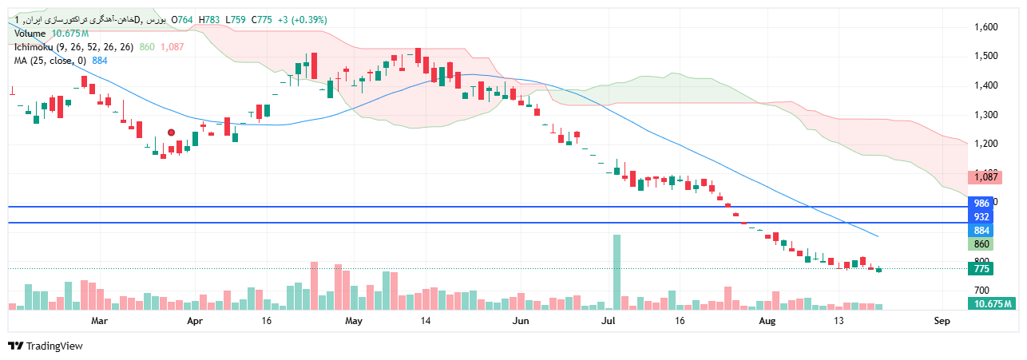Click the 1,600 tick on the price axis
point(986,27)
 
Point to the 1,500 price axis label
point(986,56)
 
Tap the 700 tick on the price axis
point(981,291)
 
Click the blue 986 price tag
point(981,204)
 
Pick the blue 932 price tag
point(981,217)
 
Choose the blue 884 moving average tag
point(981,231)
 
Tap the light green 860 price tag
point(981,244)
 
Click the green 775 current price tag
point(981,269)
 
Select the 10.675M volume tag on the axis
point(992,304)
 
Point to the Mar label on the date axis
point(99,322)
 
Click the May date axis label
point(354,322)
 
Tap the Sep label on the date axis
point(942,322)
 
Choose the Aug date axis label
point(767,322)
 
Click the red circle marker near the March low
point(171,133)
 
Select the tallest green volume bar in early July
point(617,271)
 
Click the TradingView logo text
point(54,346)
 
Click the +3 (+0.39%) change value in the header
point(303,20)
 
